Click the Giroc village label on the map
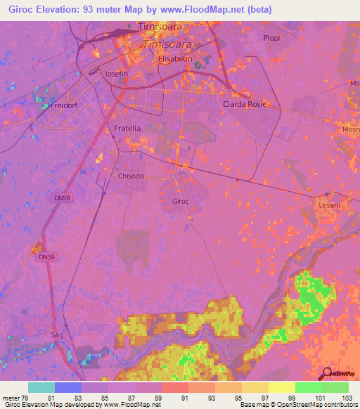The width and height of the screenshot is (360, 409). point(181,201)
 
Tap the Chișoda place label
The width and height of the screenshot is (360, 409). point(131,176)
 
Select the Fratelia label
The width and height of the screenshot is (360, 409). point(127,129)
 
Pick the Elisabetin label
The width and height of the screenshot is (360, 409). point(176,59)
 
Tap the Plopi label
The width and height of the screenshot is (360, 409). point(271,38)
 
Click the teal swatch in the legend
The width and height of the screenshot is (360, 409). point(41,387)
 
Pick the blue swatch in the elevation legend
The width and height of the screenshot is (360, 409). point(67,387)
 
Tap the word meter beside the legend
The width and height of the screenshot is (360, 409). point(10,397)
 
